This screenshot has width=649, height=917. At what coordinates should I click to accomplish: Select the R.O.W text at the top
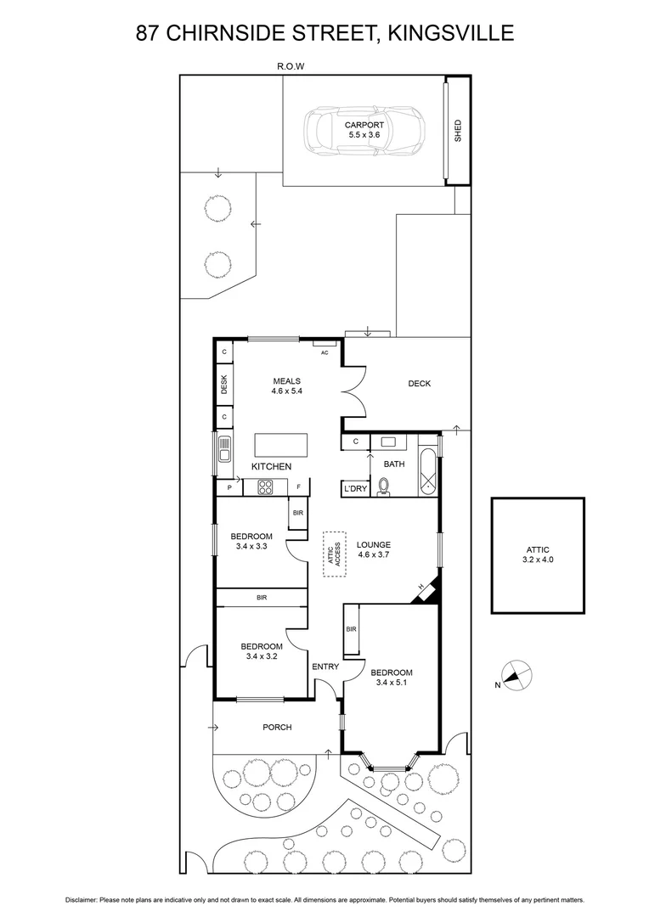click(x=291, y=65)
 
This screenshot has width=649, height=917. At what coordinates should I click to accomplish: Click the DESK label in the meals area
click(x=224, y=385)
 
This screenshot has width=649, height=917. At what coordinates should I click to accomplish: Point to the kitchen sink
click(x=224, y=447)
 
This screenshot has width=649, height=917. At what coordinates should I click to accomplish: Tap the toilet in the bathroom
click(x=383, y=487)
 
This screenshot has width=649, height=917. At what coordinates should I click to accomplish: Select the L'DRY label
click(x=354, y=489)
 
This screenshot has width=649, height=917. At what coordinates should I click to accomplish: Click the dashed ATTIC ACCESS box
click(x=335, y=554)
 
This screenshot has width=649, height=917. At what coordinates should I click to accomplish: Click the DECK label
click(x=419, y=384)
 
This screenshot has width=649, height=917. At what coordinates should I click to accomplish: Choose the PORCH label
click(x=277, y=727)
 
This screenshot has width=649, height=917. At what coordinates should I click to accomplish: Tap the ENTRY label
click(x=325, y=667)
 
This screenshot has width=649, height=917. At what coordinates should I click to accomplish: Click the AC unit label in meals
click(x=324, y=352)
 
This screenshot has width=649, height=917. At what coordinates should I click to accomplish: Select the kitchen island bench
click(x=282, y=445)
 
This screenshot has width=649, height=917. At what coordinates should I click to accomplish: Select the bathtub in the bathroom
click(x=428, y=466)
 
